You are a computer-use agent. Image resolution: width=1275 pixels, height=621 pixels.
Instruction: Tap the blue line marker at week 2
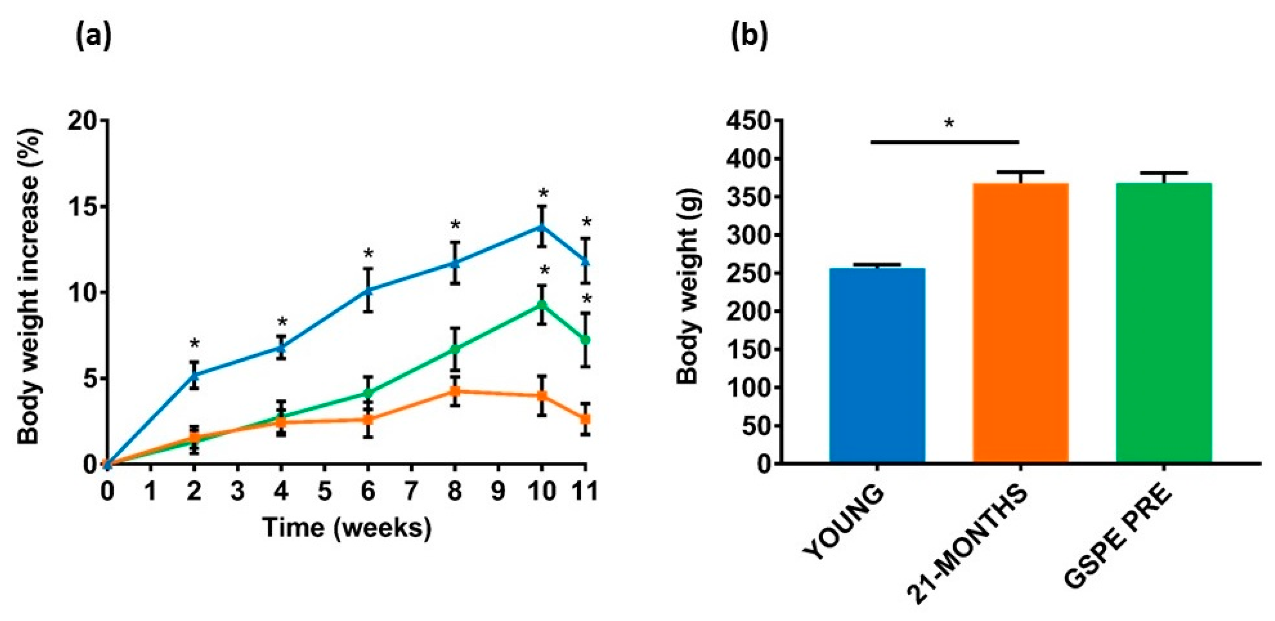(x=194, y=375)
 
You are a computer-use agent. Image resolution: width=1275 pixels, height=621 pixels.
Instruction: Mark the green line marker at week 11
(x=586, y=340)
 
